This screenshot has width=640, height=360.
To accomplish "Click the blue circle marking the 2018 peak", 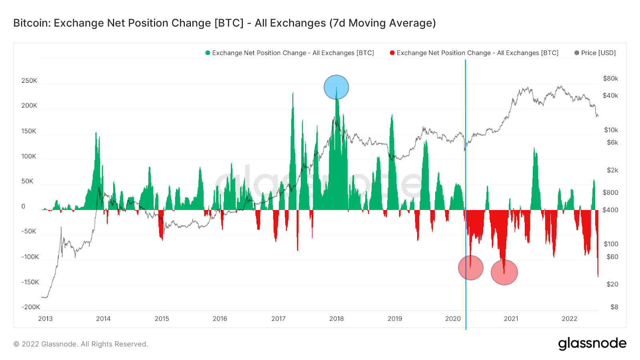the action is (336, 87).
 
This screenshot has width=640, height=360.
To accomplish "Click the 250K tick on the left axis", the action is (29, 81).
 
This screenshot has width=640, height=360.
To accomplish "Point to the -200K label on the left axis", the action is (31, 307).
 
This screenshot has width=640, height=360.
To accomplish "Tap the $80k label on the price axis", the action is (610, 78).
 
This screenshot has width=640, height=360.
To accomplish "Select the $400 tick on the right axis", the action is (610, 210).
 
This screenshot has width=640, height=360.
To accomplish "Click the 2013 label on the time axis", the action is (46, 318).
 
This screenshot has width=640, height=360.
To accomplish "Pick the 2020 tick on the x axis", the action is (453, 318).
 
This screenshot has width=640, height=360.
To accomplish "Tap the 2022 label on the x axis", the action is (570, 318).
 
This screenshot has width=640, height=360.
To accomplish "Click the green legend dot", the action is (208, 53).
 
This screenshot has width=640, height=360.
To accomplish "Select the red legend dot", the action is (392, 53).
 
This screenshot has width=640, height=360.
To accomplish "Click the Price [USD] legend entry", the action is (595, 53).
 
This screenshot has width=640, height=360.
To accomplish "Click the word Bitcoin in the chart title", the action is (32, 23).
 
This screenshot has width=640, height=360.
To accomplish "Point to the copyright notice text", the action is (80, 344).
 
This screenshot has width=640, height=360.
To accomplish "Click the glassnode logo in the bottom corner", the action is (592, 344).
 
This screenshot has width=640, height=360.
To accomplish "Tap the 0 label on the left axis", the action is (24, 206).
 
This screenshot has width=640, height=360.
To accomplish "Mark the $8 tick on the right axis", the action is (614, 307).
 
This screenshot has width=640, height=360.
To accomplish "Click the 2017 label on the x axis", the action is (278, 318).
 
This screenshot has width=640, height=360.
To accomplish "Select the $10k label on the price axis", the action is (611, 130).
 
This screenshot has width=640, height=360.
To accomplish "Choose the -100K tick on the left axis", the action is (30, 257).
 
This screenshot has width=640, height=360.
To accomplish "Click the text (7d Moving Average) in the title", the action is (382, 23).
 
